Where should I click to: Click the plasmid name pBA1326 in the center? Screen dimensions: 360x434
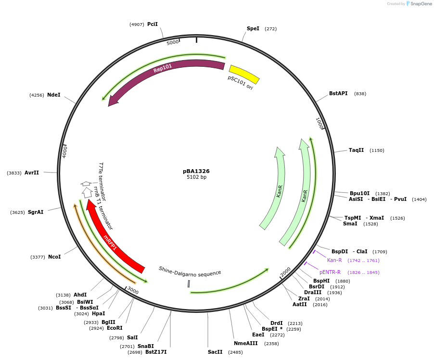[196, 171]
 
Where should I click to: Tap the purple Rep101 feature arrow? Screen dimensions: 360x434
[164, 70]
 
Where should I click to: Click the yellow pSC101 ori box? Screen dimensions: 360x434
[244, 74]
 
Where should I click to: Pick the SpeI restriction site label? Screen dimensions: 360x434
[253, 29]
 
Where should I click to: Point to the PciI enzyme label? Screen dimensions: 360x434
[153, 24]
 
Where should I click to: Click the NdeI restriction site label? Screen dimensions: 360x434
[54, 95]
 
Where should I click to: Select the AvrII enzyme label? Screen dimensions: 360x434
[32, 173]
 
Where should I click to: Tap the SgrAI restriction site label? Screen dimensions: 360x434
[36, 212]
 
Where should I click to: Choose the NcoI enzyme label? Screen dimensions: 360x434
[54, 257]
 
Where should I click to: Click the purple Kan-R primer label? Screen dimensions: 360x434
[334, 260]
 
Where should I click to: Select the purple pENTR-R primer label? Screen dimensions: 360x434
[330, 272]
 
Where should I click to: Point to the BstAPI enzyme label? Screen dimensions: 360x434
[338, 93]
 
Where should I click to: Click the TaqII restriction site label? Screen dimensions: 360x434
[357, 150]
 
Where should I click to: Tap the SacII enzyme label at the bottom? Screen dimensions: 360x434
[215, 352]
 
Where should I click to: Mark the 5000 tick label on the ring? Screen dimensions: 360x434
[173, 42]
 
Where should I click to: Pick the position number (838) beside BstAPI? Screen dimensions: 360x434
[360, 94]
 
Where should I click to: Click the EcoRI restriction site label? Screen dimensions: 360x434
[115, 328]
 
